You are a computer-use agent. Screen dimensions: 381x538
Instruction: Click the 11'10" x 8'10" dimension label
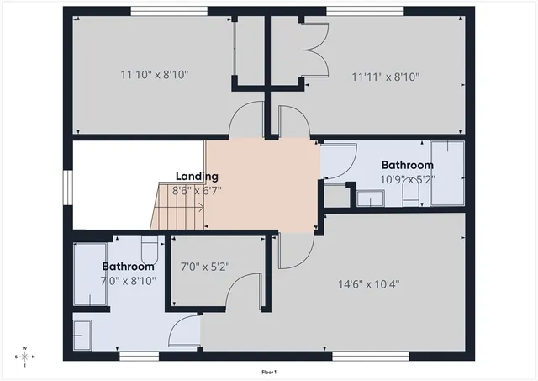154,75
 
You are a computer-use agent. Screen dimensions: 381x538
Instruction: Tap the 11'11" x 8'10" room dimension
385,76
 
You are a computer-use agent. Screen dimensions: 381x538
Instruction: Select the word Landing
197,177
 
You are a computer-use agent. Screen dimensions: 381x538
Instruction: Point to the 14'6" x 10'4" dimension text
365,283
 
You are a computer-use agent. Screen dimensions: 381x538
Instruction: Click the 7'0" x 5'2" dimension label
205,267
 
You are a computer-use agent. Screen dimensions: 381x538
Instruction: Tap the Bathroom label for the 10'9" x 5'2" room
407,166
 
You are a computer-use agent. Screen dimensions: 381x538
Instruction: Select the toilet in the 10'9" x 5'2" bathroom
411,194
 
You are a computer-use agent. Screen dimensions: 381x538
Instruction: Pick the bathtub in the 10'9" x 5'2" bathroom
447,174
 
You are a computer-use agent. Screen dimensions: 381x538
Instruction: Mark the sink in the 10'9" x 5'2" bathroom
371,198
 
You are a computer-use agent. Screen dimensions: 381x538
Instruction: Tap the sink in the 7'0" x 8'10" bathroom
83,334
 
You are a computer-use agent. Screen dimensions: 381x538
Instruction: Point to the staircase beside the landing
177,207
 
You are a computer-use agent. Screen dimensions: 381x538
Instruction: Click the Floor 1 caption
269,371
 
